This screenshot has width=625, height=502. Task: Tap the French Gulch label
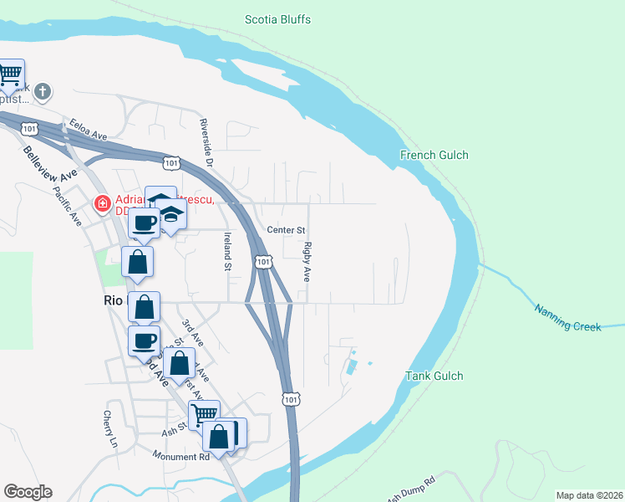coord(434,155)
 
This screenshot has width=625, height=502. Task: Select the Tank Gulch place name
coord(434,375)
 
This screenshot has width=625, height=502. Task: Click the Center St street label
coord(287,229)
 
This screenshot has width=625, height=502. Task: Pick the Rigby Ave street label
coord(307,261)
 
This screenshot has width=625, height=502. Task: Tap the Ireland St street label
coord(226,252)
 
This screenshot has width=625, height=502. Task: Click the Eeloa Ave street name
coord(89,129)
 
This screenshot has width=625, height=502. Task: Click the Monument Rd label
coord(180,456)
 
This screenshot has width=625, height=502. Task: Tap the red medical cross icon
coord(103,203)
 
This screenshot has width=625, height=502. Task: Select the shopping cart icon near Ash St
coord(203,413)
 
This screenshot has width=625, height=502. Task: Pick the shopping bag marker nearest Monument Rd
coord(218,436)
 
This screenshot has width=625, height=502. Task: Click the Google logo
coord(28,492)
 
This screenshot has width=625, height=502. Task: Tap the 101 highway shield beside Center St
coord(263,262)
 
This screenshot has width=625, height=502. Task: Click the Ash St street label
coord(172,433)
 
